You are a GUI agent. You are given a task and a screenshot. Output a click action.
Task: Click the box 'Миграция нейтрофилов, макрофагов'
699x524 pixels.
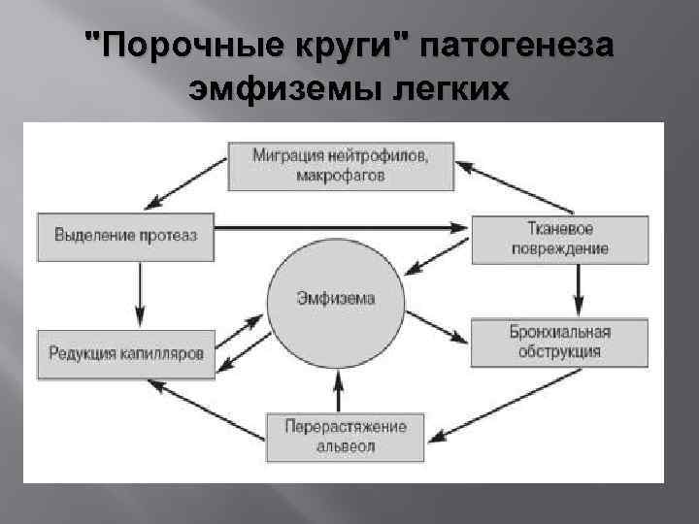pos(341,165)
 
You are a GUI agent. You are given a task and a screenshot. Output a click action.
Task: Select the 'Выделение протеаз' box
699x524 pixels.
pos(125,236)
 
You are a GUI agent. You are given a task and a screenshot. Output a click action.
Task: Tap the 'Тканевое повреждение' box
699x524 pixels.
pos(560,239)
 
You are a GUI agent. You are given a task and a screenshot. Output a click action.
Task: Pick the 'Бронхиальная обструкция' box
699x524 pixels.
pos(560,342)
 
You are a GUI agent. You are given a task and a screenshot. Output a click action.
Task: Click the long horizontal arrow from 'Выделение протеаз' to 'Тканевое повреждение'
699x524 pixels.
pos(340,227)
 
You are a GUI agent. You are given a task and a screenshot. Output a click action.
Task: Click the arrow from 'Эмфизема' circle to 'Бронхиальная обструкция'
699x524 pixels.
pos(433,324)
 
